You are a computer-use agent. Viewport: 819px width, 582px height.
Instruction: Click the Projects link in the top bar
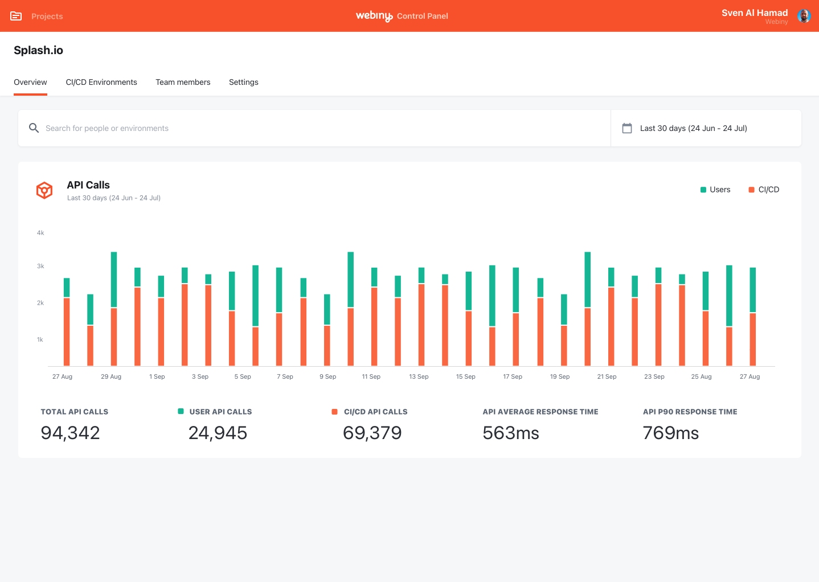click(x=47, y=17)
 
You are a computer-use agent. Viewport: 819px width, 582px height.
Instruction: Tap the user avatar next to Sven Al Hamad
click(x=804, y=16)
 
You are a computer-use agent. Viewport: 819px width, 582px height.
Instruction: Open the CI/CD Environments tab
click(x=101, y=83)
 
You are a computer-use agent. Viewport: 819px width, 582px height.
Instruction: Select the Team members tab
click(x=183, y=83)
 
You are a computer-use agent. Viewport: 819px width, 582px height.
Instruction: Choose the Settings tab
click(x=243, y=83)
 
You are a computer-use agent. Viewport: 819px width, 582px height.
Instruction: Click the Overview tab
click(x=30, y=83)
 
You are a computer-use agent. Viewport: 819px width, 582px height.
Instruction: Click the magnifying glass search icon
click(x=34, y=128)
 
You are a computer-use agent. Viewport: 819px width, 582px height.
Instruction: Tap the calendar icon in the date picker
click(x=627, y=128)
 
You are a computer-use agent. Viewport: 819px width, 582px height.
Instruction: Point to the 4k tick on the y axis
click(x=40, y=233)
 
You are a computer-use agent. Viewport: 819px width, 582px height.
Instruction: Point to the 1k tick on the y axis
click(x=40, y=339)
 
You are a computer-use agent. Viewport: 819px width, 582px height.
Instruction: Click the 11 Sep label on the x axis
click(x=371, y=376)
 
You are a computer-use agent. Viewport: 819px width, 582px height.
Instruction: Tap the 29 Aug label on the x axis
click(x=111, y=376)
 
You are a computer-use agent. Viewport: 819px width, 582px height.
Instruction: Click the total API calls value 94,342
click(x=70, y=433)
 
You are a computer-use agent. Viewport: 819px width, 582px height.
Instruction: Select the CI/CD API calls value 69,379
click(x=372, y=433)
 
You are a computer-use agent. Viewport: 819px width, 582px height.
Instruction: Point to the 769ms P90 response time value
click(x=670, y=433)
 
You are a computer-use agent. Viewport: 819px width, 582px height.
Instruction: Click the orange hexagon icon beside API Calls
click(x=44, y=190)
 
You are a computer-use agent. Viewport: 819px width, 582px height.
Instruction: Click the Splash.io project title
click(x=38, y=50)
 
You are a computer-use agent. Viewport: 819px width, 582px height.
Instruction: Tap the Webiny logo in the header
click(x=374, y=16)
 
